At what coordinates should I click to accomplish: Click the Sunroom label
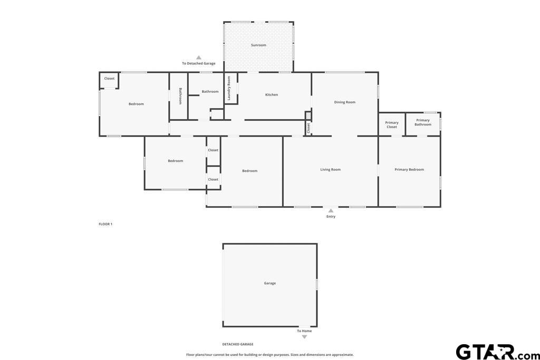click(x=258, y=45)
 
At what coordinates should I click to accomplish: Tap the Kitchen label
click(x=272, y=95)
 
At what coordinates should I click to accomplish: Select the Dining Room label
click(x=344, y=102)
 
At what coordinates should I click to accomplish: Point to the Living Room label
click(x=330, y=169)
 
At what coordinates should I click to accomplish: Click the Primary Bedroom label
click(x=409, y=169)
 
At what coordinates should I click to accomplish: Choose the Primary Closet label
click(x=392, y=124)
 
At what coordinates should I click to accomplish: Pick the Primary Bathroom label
click(x=422, y=122)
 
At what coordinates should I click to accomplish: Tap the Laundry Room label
click(x=229, y=89)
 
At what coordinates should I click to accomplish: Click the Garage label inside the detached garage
click(x=269, y=283)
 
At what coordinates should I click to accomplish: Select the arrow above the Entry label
click(x=331, y=211)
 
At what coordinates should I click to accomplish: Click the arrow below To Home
click(x=304, y=337)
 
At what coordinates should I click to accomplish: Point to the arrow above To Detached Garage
click(x=199, y=57)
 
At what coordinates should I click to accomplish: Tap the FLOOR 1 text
click(x=105, y=224)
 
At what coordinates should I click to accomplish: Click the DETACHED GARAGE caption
click(x=238, y=344)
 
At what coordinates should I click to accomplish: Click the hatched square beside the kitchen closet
click(x=308, y=115)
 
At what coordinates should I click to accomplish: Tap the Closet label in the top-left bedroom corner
click(x=109, y=79)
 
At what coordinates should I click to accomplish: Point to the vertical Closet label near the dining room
click(x=308, y=128)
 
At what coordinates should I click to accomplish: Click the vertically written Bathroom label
click(x=180, y=96)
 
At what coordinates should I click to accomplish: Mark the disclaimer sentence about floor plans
click(x=269, y=355)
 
